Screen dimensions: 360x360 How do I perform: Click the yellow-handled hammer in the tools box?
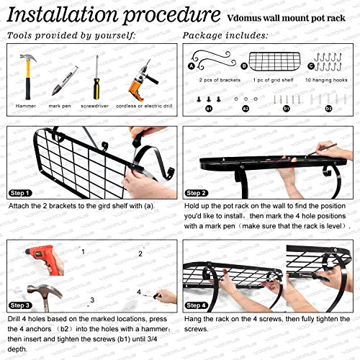(28, 77)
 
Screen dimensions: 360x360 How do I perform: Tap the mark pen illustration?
(64, 81)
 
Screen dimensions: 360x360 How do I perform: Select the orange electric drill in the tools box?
(142, 81)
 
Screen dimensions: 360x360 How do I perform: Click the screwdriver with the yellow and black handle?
(96, 78)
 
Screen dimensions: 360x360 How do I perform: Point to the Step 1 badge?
(20, 193)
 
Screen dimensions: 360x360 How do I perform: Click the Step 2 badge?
(196, 193)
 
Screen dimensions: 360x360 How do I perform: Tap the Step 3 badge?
(20, 305)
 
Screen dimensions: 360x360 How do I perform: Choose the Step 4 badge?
(196, 305)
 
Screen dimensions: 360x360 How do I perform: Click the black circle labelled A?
(192, 66)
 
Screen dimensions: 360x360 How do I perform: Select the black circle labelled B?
(244, 66)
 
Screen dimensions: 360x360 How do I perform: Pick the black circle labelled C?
(311, 66)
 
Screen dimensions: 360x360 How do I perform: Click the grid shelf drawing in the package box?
(274, 61)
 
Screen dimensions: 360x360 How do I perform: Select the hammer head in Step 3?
(45, 291)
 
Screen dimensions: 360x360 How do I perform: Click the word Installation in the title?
(63, 15)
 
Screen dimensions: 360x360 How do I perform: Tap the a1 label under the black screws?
(209, 109)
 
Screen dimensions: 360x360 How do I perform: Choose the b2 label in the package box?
(328, 109)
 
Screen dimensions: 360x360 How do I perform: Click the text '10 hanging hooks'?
(326, 80)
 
